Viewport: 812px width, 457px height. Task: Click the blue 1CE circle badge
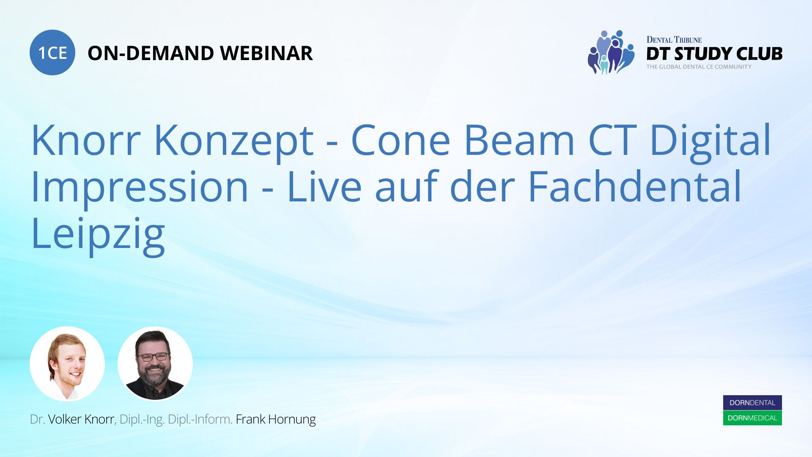tap(52, 52)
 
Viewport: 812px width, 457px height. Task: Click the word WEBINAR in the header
tap(266, 53)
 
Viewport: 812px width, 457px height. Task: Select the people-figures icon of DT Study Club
tap(611, 52)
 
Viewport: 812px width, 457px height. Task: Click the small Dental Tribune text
tap(674, 40)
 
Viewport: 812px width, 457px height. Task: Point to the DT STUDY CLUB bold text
tap(714, 54)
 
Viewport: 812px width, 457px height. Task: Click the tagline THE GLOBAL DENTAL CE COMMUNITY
tap(699, 67)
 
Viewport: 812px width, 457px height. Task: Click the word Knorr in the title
tap(86, 140)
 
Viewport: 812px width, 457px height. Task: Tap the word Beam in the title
tap(519, 140)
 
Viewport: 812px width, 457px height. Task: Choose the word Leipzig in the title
tap(98, 235)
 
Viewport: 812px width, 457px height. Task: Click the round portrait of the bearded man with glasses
tap(155, 364)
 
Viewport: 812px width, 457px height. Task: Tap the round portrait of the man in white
tap(67, 364)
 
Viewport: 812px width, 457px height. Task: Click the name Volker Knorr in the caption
tap(81, 419)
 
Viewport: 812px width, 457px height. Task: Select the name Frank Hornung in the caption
tap(276, 420)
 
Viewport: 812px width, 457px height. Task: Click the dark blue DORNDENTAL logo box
tap(752, 403)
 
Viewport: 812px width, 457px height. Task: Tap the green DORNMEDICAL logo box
tap(752, 418)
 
